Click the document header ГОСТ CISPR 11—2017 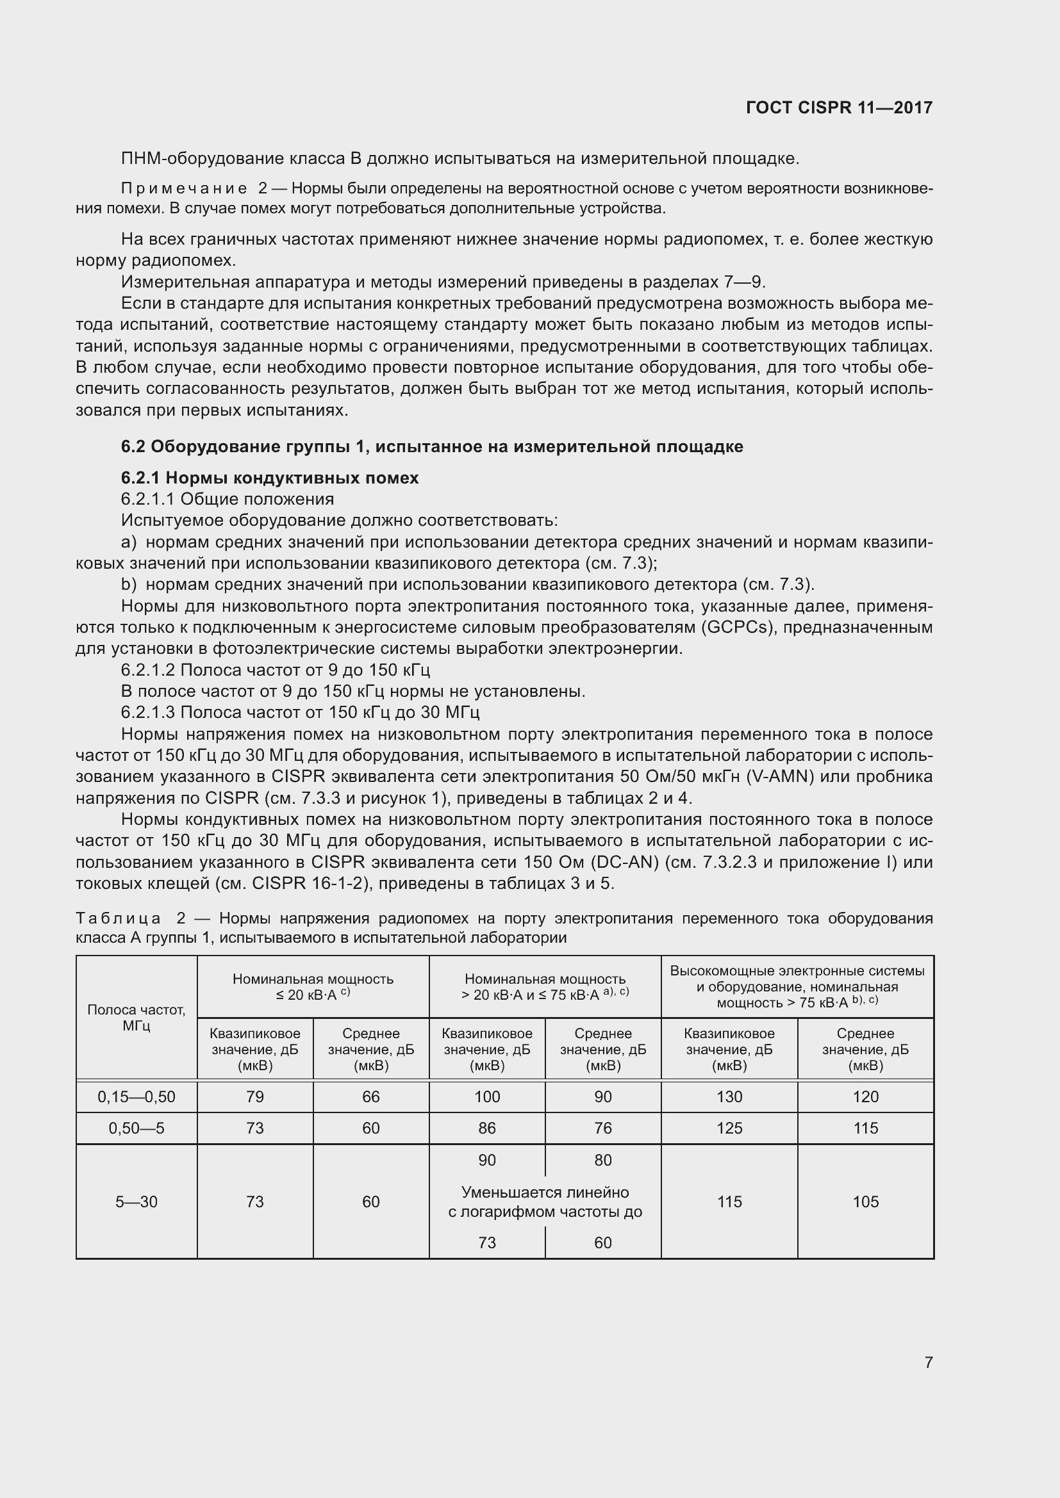click(839, 108)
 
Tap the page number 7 click(928, 1362)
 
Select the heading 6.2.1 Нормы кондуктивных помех click(270, 478)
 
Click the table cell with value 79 click(254, 1096)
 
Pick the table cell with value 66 click(370, 1096)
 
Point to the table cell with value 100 click(487, 1096)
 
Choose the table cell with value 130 click(729, 1096)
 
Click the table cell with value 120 click(865, 1096)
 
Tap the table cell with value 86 click(487, 1128)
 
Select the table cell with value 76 click(603, 1128)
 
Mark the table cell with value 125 click(729, 1128)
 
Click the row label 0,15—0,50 click(137, 1096)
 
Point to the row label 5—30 click(137, 1201)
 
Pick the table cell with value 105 click(865, 1201)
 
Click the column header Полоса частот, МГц click(137, 1017)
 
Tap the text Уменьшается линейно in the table click(545, 1192)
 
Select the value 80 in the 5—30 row click(603, 1160)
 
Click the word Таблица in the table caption click(118, 918)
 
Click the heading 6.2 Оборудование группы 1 click(431, 446)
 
